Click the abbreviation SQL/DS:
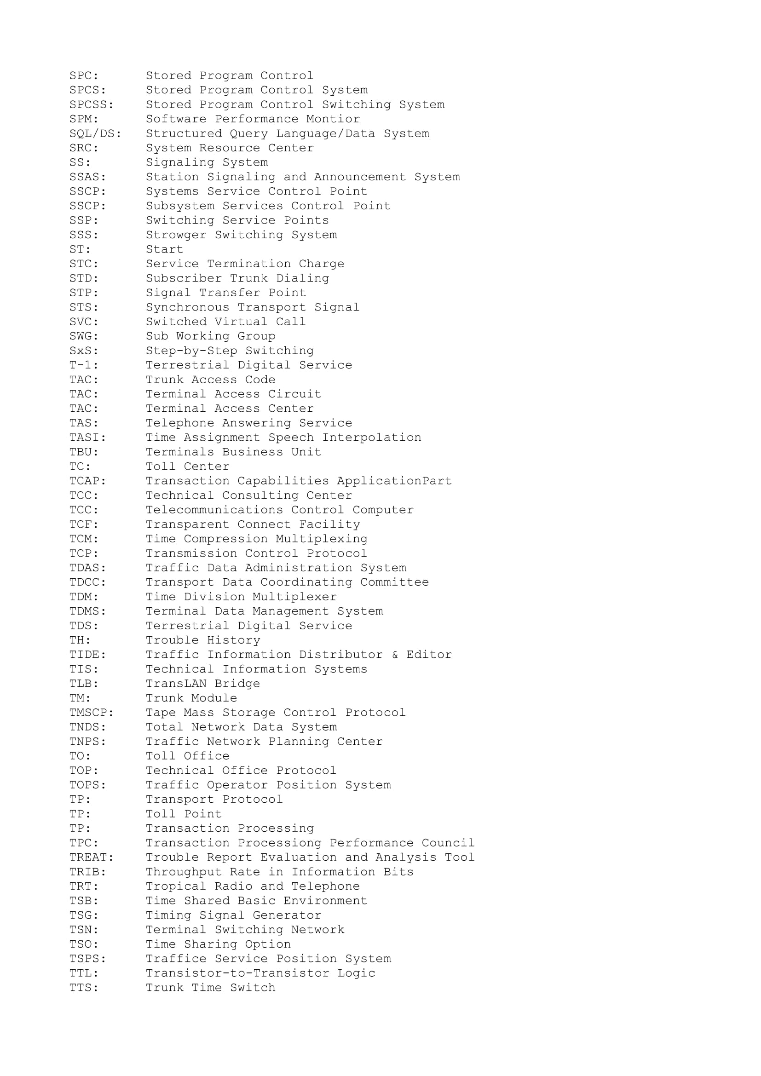pyautogui.click(x=95, y=133)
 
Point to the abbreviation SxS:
pyautogui.click(x=84, y=351)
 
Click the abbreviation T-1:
pyautogui.click(x=84, y=365)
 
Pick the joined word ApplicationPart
pyautogui.click(x=394, y=481)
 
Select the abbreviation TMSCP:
pyautogui.click(x=92, y=712)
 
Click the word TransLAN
pyautogui.click(x=176, y=683)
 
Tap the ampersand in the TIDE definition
pyautogui.click(x=395, y=655)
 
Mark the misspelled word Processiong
pyautogui.click(x=279, y=843)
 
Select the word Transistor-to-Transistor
pyautogui.click(x=237, y=973)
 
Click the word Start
pyautogui.click(x=164, y=249)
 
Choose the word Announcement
pyautogui.click(x=360, y=177)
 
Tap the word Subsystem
pyautogui.click(x=180, y=206)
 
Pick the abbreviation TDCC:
pyautogui.click(x=87, y=582)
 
